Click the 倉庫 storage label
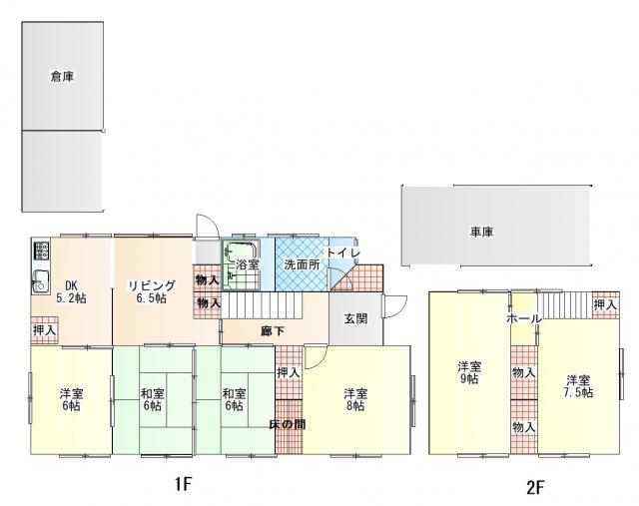coord(62,76)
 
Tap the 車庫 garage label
coord(482,232)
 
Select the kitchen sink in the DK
coord(40,281)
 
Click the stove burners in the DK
coord(40,251)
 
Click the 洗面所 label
coord(302,264)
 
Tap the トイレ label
coord(343,253)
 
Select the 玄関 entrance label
coord(355,318)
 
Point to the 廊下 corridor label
coord(273,331)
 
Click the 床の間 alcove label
coord(288,424)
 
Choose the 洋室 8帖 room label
coord(355,399)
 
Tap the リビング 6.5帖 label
coord(152,291)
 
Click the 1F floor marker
coord(183,484)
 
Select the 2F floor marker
coord(535,487)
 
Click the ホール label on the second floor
coord(524,318)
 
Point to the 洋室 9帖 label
coord(469,372)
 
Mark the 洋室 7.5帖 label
coord(578,386)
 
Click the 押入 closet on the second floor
coord(606,304)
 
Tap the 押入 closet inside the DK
coord(44,330)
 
